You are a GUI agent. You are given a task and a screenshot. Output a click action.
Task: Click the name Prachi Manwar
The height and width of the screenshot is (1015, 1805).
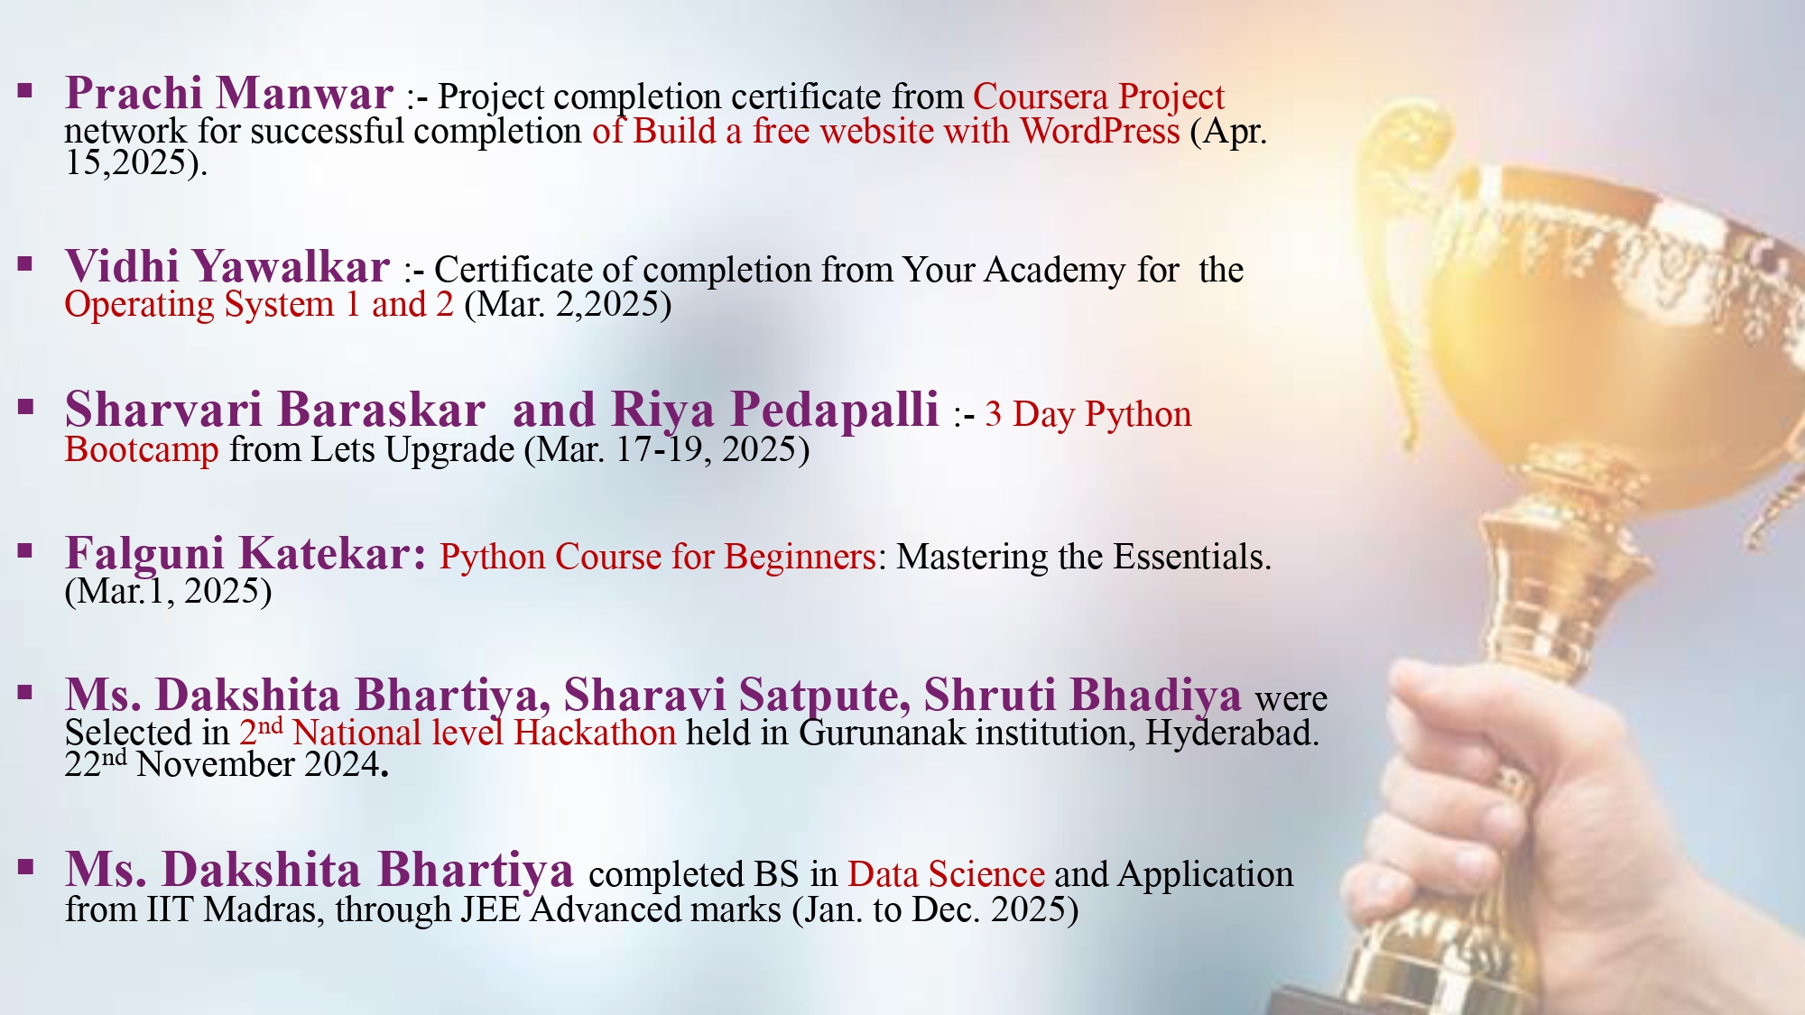pos(229,93)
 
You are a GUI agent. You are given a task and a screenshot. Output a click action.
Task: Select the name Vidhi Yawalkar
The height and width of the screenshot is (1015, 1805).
pos(227,267)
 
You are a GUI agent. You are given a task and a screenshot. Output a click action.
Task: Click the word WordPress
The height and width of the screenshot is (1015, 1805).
pos(1100,132)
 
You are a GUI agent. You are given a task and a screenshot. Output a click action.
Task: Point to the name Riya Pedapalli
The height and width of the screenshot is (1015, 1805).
pos(775,411)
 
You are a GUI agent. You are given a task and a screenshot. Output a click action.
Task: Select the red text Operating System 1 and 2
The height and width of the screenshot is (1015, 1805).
pos(259,305)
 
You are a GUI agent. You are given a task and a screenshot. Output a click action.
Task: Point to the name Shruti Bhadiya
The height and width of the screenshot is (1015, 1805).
pos(1082,695)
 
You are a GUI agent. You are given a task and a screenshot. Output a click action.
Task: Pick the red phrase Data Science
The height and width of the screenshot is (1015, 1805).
pos(946,874)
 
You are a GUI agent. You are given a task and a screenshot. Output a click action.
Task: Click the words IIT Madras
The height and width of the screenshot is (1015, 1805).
pos(233,909)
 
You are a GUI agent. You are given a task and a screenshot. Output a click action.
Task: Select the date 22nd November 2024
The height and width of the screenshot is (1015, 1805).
pos(226,764)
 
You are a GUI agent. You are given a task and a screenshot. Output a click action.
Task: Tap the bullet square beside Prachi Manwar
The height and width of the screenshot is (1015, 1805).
pos(25,90)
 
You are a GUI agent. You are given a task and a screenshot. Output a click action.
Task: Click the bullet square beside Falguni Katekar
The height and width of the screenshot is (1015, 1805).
pos(25,550)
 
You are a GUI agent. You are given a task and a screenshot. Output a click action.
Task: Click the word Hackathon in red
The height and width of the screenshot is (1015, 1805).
pos(595,733)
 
